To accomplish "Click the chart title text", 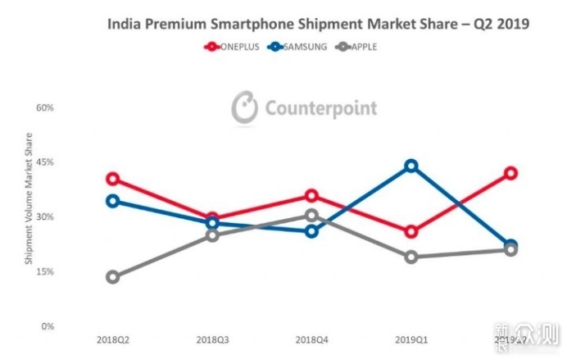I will pos(318,24).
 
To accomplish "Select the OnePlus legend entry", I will pos(233,47).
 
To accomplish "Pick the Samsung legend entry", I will pos(295,47).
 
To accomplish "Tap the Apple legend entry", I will pos(352,47).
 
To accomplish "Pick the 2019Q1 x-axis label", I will pos(411,339).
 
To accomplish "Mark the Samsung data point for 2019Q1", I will pos(411,166).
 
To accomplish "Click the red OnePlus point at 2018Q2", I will pos(112,179).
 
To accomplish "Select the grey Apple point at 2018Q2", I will pos(112,277).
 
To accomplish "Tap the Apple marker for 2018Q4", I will pos(311,215).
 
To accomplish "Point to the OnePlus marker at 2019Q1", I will pos(411,232).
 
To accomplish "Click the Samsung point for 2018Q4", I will pos(311,231).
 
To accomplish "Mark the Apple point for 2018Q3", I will pos(212,235).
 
